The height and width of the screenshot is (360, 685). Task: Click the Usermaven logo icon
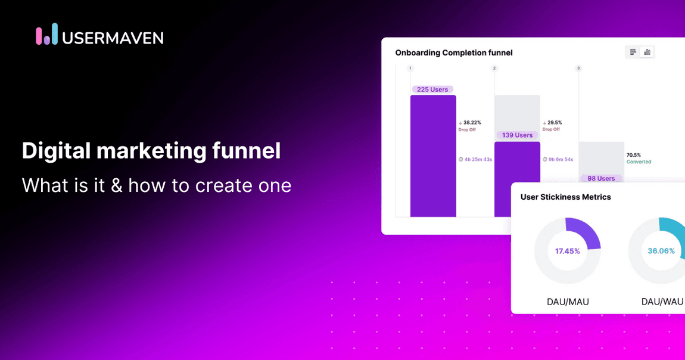pos(47,35)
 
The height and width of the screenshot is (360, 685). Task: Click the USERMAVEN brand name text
pos(113,38)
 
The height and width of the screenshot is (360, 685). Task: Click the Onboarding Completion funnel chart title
pos(454,52)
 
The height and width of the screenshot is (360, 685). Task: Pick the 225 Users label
pos(432,89)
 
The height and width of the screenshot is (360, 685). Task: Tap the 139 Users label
pos(517,135)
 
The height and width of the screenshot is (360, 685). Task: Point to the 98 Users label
pos(601,178)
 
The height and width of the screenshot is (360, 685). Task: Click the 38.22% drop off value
pos(472,123)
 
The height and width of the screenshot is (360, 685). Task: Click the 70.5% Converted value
pos(634,155)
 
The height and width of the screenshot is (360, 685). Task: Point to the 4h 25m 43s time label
pos(475,159)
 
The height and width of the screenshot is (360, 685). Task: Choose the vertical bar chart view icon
pos(647,52)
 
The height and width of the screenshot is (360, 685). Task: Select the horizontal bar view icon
pos(633,52)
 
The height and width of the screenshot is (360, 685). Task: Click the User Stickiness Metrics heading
pos(565,197)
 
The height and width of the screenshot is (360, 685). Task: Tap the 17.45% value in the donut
pos(567,251)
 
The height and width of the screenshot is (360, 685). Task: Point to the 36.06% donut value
pos(661,251)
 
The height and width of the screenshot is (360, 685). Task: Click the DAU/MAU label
pos(568,302)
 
